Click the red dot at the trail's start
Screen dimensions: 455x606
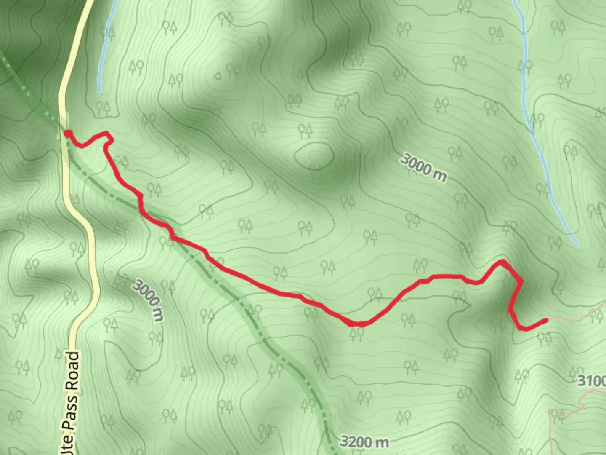pyautogui.click(x=67, y=134)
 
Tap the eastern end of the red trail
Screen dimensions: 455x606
pyautogui.click(x=546, y=321)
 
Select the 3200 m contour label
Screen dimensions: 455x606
pyautogui.click(x=364, y=442)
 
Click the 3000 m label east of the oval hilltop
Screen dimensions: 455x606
pyautogui.click(x=423, y=167)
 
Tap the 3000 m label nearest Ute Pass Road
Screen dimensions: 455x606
pyautogui.click(x=147, y=300)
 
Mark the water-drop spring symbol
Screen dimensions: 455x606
pyautogui.click(x=217, y=75)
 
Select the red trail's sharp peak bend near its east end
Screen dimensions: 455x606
pyautogui.click(x=502, y=262)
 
